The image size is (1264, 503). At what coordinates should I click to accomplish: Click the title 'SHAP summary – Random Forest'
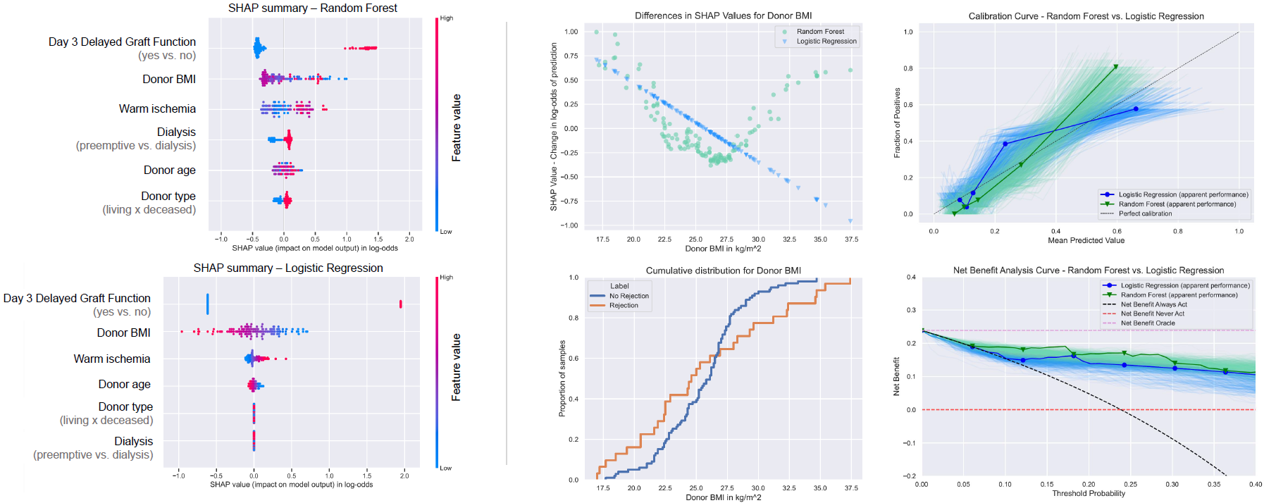click(312, 8)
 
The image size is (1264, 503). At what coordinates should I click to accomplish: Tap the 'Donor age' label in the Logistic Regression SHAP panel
click(124, 384)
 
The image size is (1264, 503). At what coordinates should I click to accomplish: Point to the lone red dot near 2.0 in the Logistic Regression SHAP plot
click(400, 304)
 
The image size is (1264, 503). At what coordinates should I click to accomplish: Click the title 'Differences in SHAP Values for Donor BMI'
click(723, 15)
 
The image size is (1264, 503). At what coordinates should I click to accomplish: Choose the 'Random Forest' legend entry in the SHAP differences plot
click(820, 32)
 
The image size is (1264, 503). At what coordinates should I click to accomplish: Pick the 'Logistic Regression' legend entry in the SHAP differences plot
click(826, 42)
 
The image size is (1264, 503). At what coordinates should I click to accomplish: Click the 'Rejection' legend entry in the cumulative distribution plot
click(624, 305)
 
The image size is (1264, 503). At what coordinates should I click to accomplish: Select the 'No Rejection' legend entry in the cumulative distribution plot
click(628, 296)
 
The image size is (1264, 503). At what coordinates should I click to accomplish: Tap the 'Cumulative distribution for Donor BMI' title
click(723, 271)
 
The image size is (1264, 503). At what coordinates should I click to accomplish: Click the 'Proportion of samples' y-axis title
click(562, 378)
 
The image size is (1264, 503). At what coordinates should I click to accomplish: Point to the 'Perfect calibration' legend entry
click(1145, 213)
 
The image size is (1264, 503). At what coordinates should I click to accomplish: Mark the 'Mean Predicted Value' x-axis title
click(1086, 240)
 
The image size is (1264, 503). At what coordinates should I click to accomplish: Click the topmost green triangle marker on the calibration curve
click(1116, 67)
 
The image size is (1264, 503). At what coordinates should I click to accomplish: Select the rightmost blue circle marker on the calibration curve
click(1136, 109)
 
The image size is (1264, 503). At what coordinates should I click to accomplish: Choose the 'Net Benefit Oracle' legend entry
click(1148, 323)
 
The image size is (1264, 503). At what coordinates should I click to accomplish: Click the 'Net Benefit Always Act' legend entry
click(1153, 304)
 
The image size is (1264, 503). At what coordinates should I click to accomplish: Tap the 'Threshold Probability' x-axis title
click(1089, 493)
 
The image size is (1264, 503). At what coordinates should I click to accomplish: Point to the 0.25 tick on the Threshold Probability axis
click(1130, 484)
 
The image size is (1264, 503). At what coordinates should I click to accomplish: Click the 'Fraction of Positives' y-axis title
click(897, 123)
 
